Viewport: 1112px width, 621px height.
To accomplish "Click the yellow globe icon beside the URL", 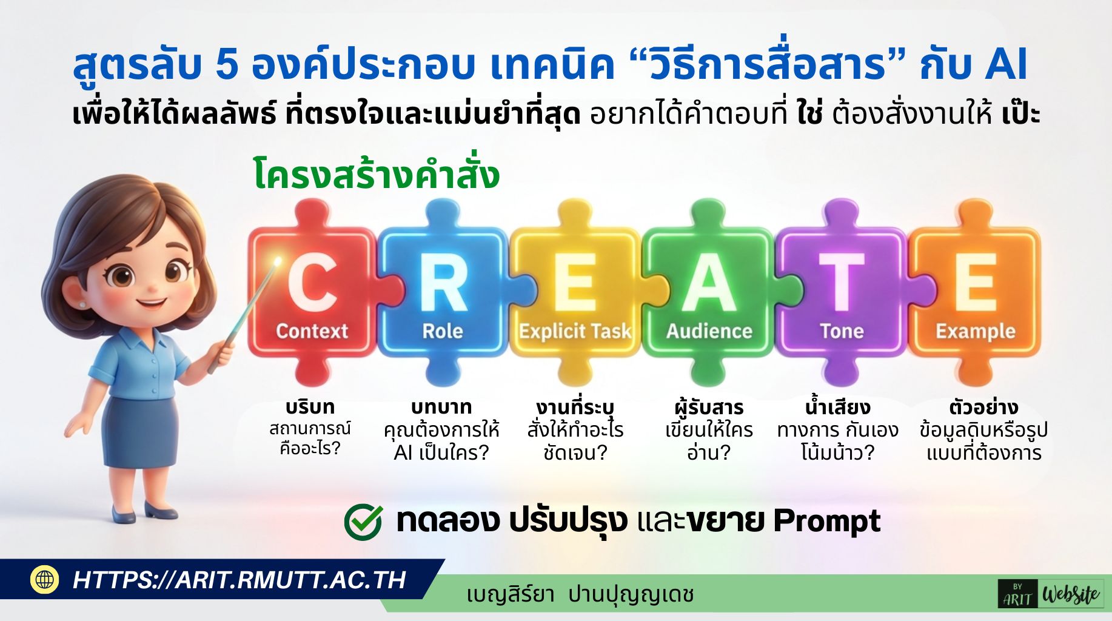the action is [45, 579].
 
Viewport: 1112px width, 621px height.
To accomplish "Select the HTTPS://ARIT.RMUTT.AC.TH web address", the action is [239, 580].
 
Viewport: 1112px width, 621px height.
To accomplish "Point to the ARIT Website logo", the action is [1051, 594].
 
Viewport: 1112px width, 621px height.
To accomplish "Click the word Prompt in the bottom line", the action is [827, 521].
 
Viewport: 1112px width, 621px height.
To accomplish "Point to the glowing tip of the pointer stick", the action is [278, 261].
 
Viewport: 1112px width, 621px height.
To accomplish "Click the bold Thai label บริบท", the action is [310, 407].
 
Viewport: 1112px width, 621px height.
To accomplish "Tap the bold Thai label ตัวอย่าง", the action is [983, 406].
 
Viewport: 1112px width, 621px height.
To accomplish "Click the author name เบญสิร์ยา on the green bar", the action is [510, 594].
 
